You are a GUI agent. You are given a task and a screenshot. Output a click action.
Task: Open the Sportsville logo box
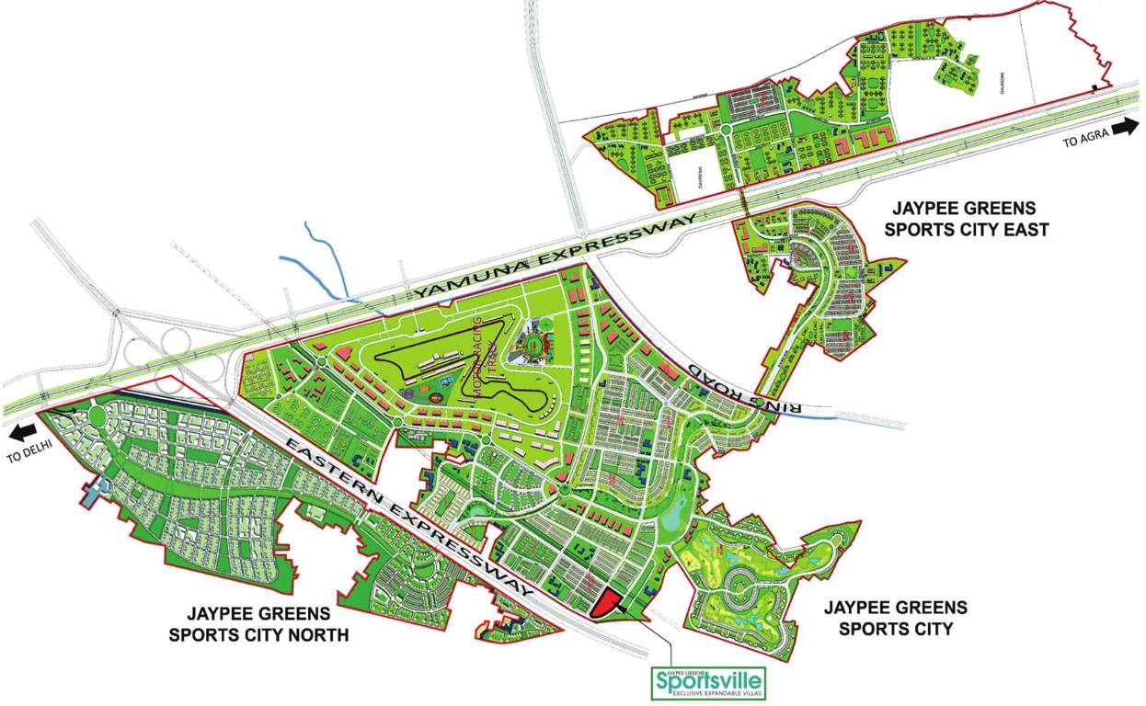[x=707, y=683]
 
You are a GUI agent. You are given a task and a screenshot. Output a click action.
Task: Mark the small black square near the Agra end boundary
[x=1093, y=87]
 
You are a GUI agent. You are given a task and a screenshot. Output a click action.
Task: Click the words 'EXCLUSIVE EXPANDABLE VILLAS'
[x=707, y=692]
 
